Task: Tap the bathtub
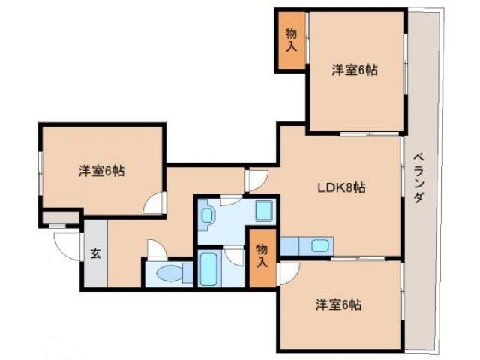(210, 269)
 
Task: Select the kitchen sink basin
(319, 246)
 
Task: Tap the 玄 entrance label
(96, 253)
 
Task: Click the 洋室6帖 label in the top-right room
(355, 70)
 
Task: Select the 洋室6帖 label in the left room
(102, 171)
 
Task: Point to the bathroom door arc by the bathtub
(236, 255)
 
